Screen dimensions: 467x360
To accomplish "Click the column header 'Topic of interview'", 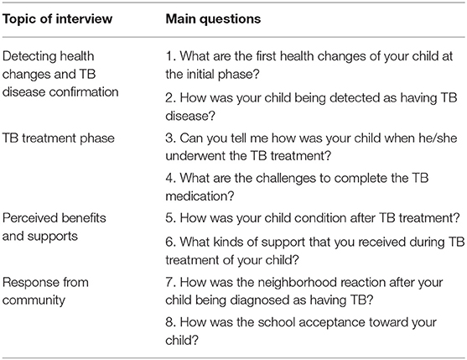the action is [58, 19].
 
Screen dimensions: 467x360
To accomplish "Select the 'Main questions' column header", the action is [213, 19].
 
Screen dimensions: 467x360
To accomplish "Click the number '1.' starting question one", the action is [171, 56].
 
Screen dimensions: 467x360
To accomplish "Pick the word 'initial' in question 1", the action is [200, 74].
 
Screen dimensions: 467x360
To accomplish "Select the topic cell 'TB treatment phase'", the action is [59, 138].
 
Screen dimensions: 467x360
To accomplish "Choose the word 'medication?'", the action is [200, 196].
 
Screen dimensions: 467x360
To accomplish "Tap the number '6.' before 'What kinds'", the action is [171, 243].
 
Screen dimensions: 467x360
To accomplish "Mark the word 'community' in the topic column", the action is [34, 300].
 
